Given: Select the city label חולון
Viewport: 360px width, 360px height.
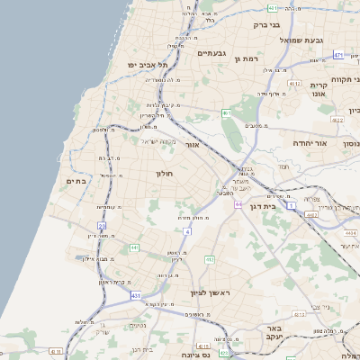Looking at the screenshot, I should pyautogui.click(x=164, y=172).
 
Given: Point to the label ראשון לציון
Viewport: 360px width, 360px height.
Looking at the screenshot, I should pyautogui.click(x=211, y=293).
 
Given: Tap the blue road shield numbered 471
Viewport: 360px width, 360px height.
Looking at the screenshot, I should pyautogui.click(x=337, y=55).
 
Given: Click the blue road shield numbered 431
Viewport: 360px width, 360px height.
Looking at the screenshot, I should pyautogui.click(x=135, y=295).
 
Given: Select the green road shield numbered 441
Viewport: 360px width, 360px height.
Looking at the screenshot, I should pyautogui.click(x=134, y=247).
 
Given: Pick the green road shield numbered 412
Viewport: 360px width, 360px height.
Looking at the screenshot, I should pyautogui.click(x=209, y=260).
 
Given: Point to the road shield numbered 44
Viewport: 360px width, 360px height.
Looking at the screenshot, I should pyautogui.click(x=238, y=205).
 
